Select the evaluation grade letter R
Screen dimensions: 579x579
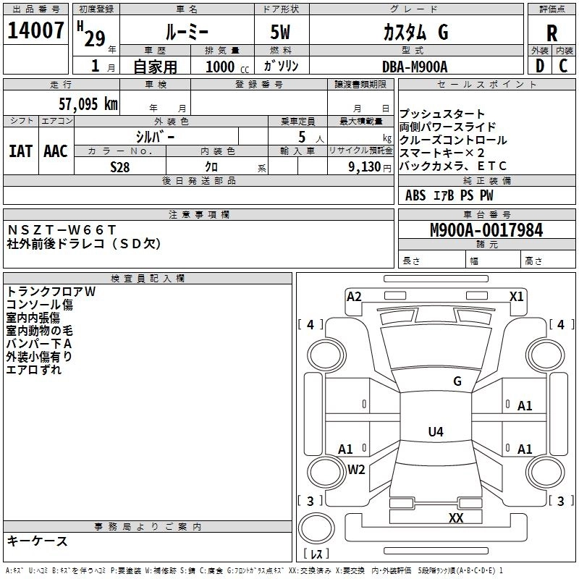(551, 33)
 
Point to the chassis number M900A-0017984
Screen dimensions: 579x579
(486, 231)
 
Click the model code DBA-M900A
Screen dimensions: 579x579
(415, 67)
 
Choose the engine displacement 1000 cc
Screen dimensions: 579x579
(223, 67)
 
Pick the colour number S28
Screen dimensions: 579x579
(120, 166)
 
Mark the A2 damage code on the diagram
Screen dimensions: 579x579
(354, 296)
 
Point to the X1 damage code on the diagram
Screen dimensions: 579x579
(516, 296)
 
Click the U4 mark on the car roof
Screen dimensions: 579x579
(435, 432)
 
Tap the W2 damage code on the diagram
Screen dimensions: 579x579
(356, 469)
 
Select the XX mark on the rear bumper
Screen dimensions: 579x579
(456, 518)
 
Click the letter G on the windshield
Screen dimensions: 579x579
(457, 381)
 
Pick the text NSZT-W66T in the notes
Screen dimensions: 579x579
(62, 230)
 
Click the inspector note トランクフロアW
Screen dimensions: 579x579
(51, 291)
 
